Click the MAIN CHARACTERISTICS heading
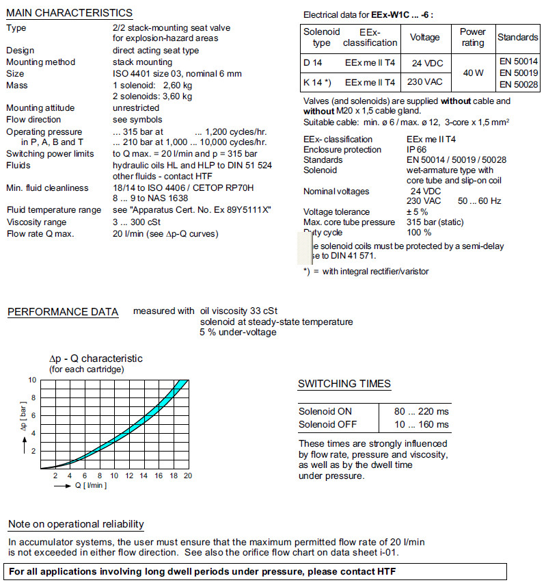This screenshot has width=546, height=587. (x=69, y=13)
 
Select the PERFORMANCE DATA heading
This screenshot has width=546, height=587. (x=63, y=312)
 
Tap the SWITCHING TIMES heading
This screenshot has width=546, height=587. (x=344, y=384)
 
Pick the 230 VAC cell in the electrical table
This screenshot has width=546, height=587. (x=426, y=82)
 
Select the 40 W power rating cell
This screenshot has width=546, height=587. (x=472, y=73)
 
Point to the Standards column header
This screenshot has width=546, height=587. (x=518, y=37)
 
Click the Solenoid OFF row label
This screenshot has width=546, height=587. (x=328, y=424)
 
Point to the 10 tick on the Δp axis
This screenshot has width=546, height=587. (x=31, y=380)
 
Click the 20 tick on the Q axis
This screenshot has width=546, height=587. (x=187, y=476)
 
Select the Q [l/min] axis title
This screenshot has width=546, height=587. (x=90, y=486)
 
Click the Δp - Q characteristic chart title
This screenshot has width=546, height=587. (x=96, y=358)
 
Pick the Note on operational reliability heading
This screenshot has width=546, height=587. (x=76, y=524)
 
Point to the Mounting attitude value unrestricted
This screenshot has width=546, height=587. (x=136, y=108)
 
